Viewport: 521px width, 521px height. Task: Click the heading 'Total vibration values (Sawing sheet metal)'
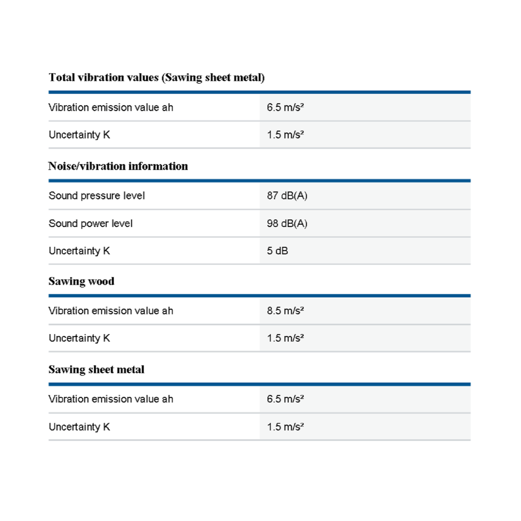pyautogui.click(x=156, y=77)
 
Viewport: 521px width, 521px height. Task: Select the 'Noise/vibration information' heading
pyautogui.click(x=118, y=166)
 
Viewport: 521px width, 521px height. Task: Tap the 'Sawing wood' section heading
pyautogui.click(x=81, y=281)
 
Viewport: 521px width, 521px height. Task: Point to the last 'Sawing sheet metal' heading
pyautogui.click(x=96, y=370)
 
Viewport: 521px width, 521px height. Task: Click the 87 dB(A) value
pyautogui.click(x=287, y=196)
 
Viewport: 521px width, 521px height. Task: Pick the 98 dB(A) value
pyautogui.click(x=287, y=223)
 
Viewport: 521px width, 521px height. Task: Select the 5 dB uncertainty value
pyautogui.click(x=277, y=251)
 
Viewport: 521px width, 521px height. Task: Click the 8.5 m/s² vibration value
pyautogui.click(x=285, y=311)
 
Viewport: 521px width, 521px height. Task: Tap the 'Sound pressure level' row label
pyautogui.click(x=97, y=196)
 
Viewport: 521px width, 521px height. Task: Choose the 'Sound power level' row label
pyautogui.click(x=91, y=223)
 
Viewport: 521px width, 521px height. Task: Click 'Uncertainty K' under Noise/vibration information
pyautogui.click(x=79, y=251)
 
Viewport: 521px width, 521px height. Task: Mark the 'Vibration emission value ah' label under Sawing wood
pyautogui.click(x=111, y=311)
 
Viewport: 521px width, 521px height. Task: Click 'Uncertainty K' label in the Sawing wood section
pyautogui.click(x=79, y=338)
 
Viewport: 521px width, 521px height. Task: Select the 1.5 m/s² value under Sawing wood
pyautogui.click(x=285, y=338)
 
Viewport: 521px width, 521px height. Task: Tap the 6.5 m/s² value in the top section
pyautogui.click(x=285, y=107)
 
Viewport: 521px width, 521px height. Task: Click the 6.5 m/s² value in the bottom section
pyautogui.click(x=285, y=399)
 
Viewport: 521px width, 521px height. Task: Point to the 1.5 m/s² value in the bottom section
pyautogui.click(x=285, y=427)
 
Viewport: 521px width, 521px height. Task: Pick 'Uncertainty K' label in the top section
pyautogui.click(x=79, y=134)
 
